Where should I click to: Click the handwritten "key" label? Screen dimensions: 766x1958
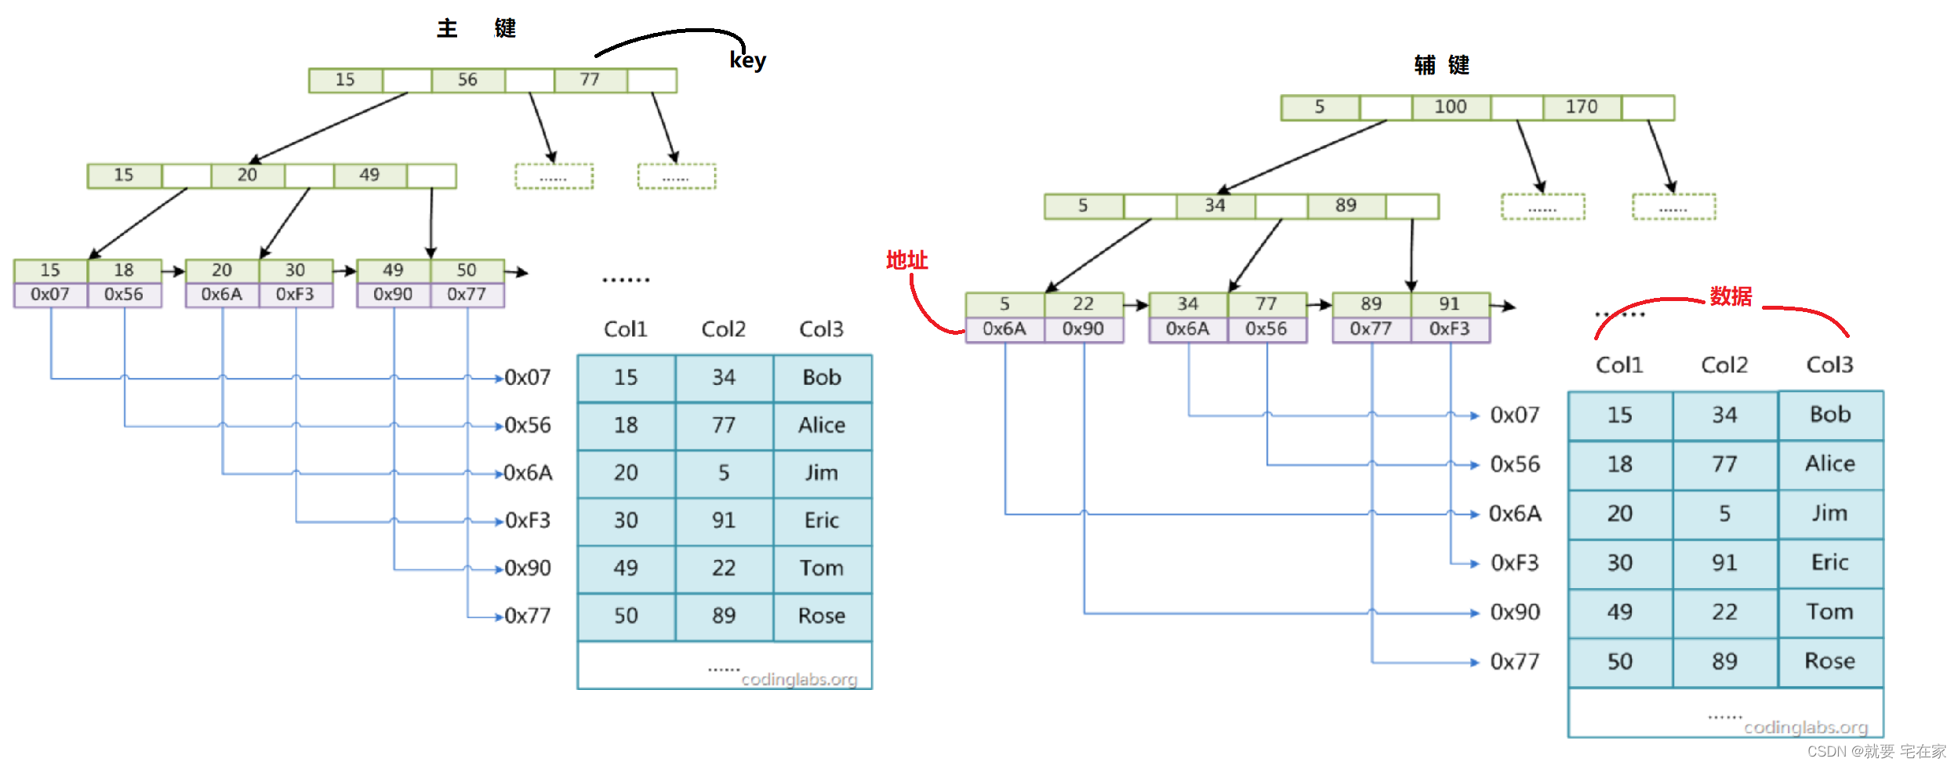point(747,60)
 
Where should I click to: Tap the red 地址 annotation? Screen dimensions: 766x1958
point(906,260)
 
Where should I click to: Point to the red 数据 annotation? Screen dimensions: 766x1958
point(1731,296)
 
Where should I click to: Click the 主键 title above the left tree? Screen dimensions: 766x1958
point(476,29)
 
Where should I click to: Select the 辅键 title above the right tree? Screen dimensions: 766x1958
point(1441,65)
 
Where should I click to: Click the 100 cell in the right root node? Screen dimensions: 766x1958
point(1450,107)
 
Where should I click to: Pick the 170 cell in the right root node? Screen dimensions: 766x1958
point(1581,107)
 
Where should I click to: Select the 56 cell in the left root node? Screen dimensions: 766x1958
point(467,80)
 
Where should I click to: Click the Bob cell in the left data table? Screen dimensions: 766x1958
point(822,378)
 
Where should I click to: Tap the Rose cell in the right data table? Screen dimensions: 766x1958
point(1829,662)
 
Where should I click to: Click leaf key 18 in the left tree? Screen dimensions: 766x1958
point(124,270)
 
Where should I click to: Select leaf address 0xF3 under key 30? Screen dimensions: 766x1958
point(295,295)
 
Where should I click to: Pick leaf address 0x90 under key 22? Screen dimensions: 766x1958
point(1083,329)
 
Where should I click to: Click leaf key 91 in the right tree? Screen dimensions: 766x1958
point(1449,304)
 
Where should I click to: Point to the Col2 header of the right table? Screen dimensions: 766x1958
point(1724,365)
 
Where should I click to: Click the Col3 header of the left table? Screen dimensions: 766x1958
point(821,329)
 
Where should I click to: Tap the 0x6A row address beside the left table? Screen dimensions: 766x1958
point(528,473)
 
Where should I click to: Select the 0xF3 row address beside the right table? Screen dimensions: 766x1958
point(1514,563)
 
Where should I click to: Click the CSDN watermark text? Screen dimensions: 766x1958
point(1876,752)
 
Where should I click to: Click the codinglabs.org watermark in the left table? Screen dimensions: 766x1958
point(799,680)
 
